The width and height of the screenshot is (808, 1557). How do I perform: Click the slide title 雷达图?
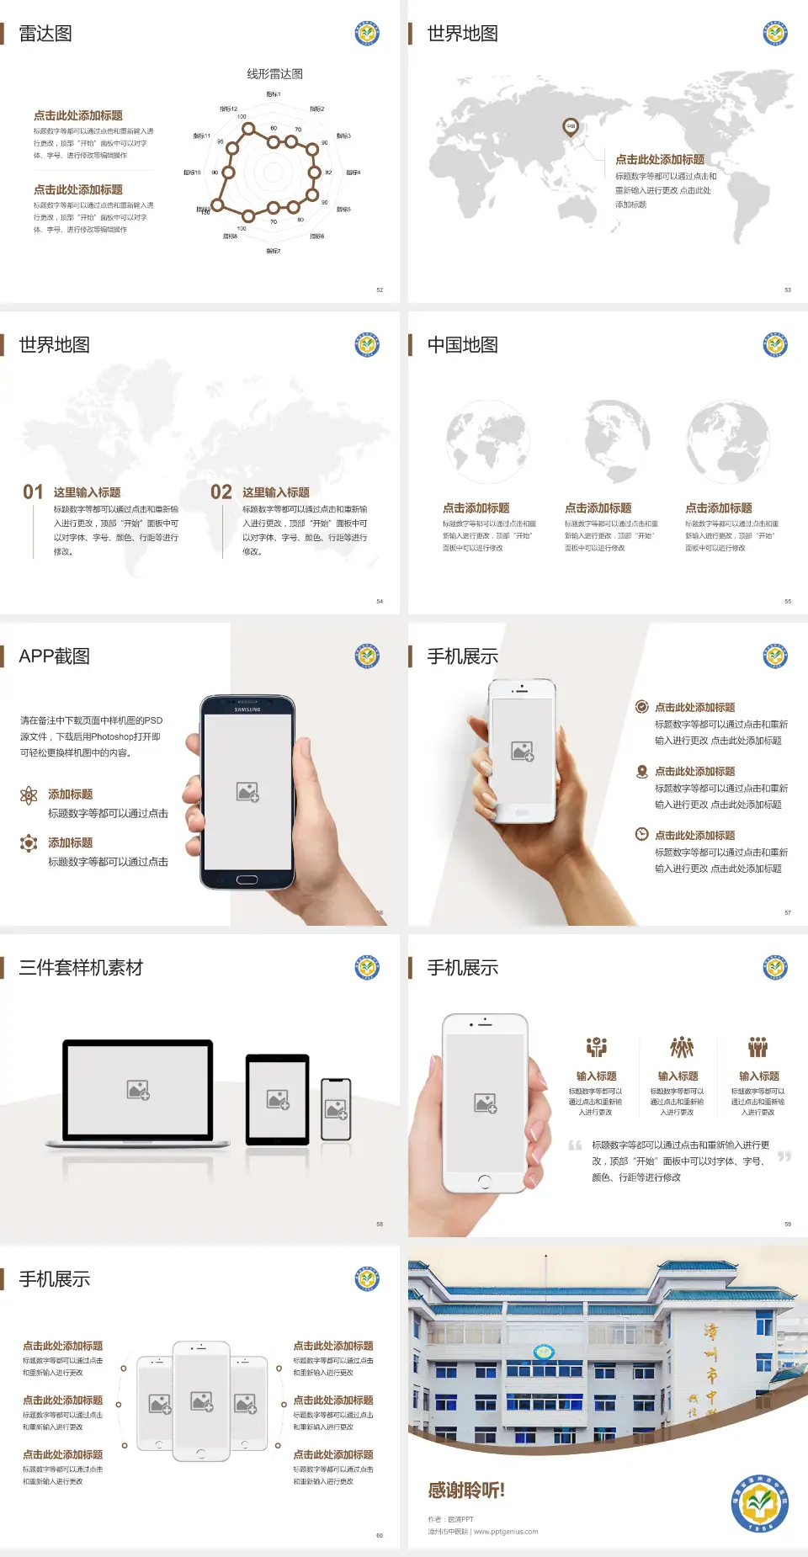[x=45, y=34]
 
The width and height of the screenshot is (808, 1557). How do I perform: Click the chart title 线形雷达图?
[x=274, y=74]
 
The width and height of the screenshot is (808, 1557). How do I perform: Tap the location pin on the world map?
[x=570, y=127]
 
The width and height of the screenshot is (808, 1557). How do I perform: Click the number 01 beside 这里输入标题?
[x=33, y=492]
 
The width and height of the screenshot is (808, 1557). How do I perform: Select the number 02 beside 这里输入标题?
[x=221, y=492]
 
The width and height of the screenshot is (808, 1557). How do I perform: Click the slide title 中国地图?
[x=462, y=345]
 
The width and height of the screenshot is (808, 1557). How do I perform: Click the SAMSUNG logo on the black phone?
[x=247, y=709]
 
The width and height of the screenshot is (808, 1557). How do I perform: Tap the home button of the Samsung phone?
[x=247, y=879]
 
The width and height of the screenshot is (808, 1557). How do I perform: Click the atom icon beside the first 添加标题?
[x=29, y=795]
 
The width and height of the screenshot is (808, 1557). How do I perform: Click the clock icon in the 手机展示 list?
[x=641, y=834]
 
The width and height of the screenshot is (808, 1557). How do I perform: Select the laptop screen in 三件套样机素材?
[x=138, y=1089]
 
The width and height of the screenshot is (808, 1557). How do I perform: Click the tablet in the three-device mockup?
[x=278, y=1098]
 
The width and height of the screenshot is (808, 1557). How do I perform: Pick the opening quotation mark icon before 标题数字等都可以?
[x=576, y=1145]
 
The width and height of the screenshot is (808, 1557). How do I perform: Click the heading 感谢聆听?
[x=466, y=1491]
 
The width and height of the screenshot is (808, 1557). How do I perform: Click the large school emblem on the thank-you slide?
[x=759, y=1503]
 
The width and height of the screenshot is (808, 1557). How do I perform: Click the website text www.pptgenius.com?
[x=506, y=1532]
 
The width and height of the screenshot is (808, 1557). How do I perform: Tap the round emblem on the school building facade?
[x=544, y=1352]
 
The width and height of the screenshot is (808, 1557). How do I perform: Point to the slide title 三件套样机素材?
[x=81, y=968]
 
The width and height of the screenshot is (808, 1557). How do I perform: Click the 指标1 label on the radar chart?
[x=274, y=94]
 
